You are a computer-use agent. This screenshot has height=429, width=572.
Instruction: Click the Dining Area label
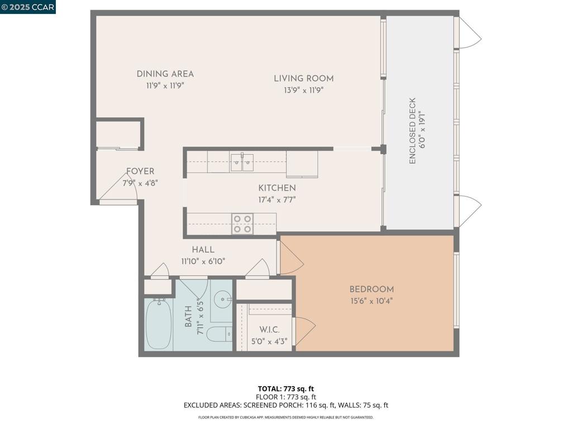pyautogui.click(x=165, y=74)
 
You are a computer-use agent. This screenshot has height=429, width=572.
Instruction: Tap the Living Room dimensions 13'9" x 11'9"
pyautogui.click(x=303, y=89)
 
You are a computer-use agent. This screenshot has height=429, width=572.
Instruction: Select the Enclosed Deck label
pyautogui.click(x=412, y=131)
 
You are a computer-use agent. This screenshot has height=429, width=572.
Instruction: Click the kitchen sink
pyautogui.click(x=242, y=162)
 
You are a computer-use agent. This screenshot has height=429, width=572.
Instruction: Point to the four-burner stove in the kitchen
pyautogui.click(x=242, y=223)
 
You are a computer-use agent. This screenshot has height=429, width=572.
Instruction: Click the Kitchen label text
pyautogui.click(x=277, y=188)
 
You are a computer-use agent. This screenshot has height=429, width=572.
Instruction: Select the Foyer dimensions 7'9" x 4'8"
pyautogui.click(x=140, y=182)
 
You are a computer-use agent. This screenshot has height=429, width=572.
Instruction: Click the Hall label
pyautogui.click(x=203, y=250)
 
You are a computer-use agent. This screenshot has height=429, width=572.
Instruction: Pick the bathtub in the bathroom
pyautogui.click(x=159, y=325)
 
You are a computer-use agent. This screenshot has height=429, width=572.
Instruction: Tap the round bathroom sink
pyautogui.click(x=223, y=299)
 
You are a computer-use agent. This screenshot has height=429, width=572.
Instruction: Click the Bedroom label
pyautogui.click(x=371, y=289)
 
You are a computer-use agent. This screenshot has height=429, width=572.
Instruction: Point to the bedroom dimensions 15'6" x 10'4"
pyautogui.click(x=371, y=301)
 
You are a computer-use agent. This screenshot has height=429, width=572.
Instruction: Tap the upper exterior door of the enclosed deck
pyautogui.click(x=468, y=34)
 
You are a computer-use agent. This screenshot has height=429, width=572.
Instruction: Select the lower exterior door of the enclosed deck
pyautogui.click(x=468, y=211)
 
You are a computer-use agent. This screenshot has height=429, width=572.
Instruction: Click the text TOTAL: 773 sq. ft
pyautogui.click(x=285, y=389)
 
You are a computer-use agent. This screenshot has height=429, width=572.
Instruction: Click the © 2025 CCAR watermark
pyautogui.click(x=28, y=7)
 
